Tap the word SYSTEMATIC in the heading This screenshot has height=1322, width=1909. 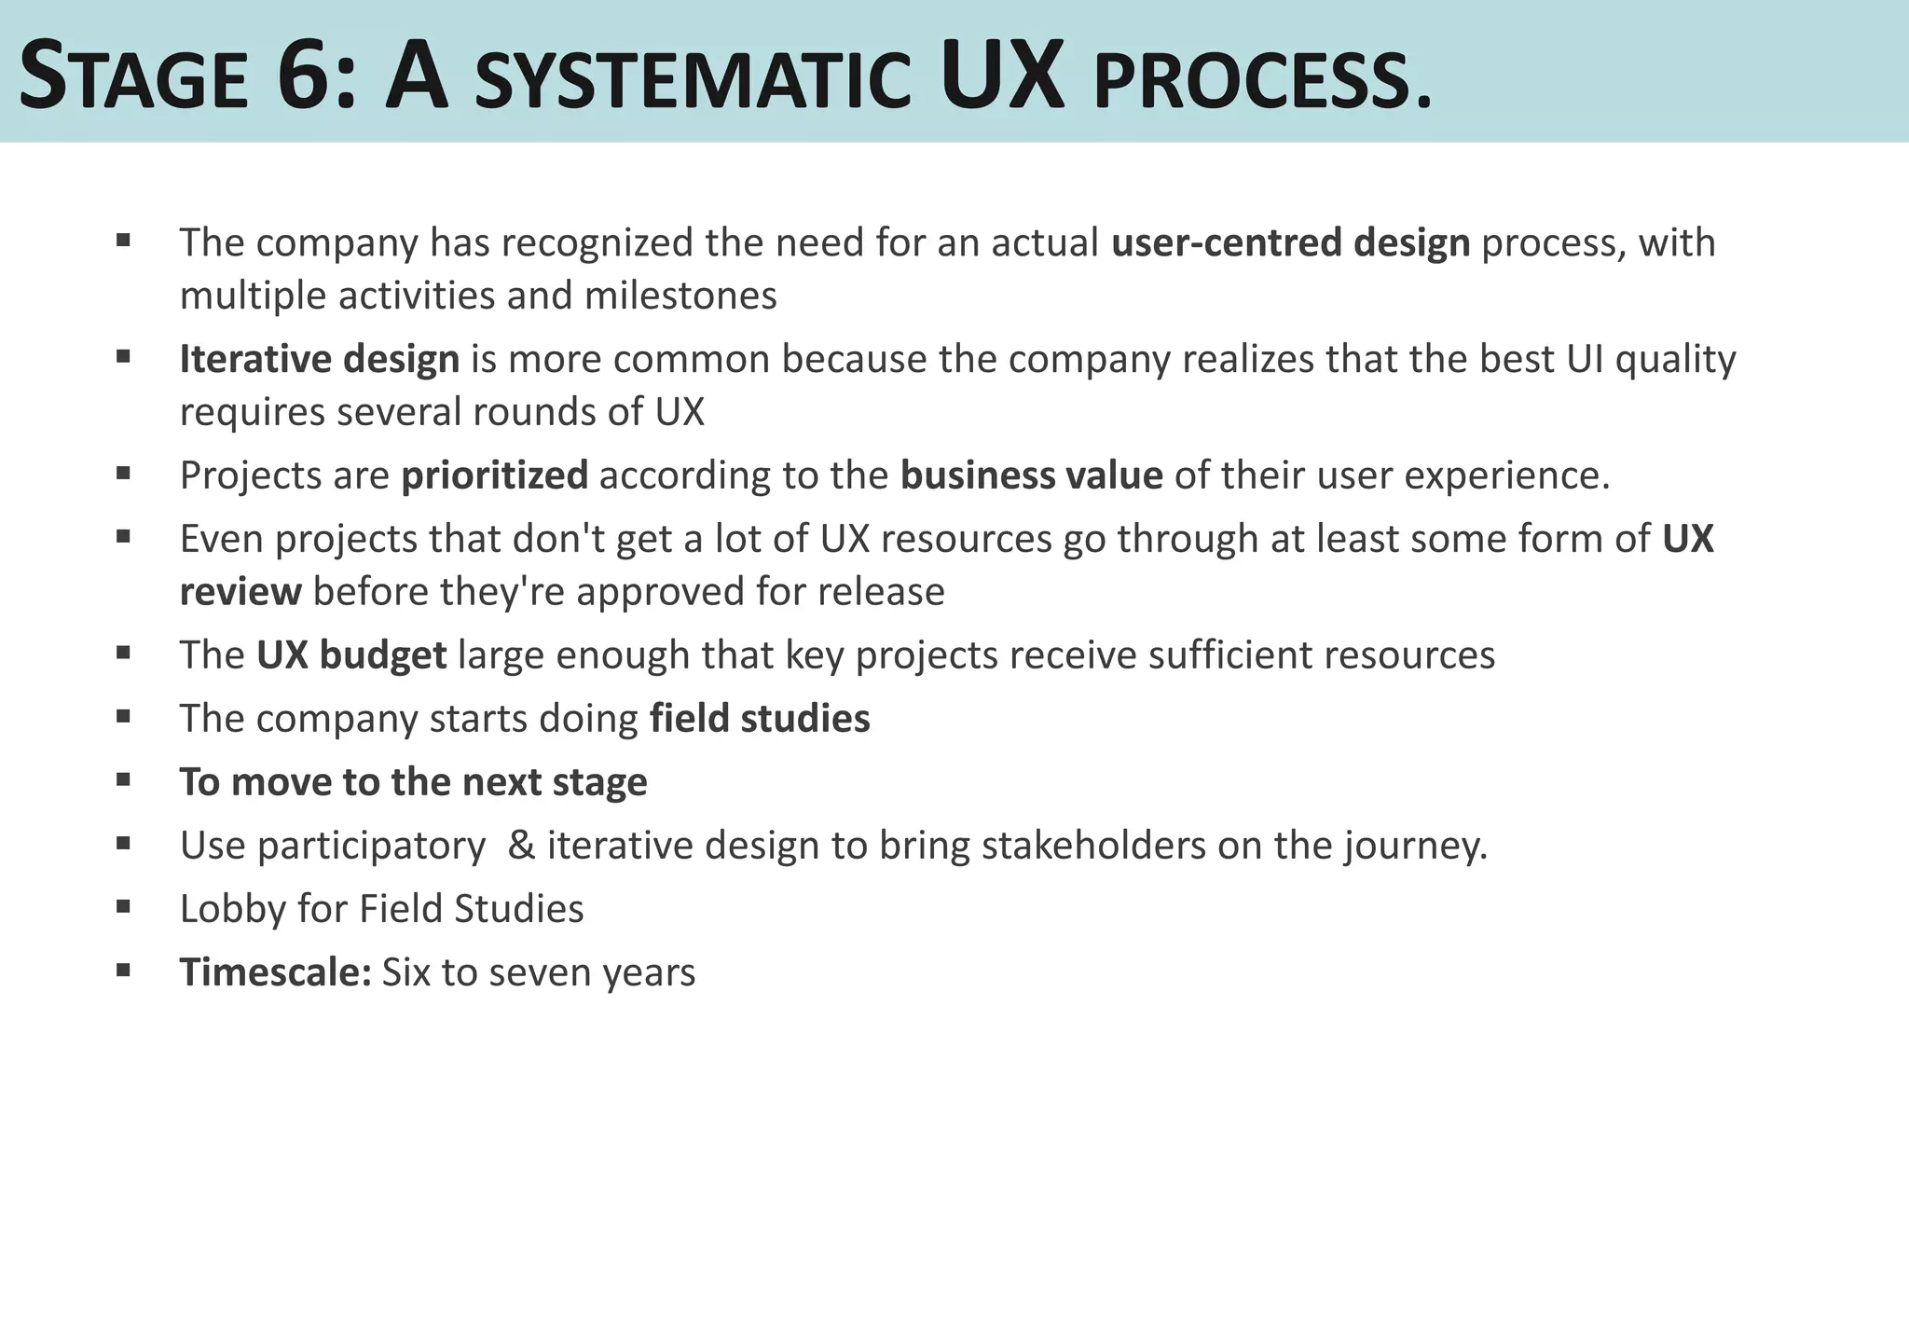point(692,81)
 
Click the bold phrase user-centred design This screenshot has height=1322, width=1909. point(1290,242)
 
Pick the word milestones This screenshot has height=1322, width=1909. point(680,296)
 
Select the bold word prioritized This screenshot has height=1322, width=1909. point(494,475)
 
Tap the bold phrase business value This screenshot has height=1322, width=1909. point(1031,475)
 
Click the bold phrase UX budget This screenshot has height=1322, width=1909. point(351,655)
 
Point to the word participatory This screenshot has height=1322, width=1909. point(371,847)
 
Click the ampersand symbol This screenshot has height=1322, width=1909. point(521,846)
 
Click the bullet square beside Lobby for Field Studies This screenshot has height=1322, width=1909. point(123,904)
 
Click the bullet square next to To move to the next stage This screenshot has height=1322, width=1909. point(123,778)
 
